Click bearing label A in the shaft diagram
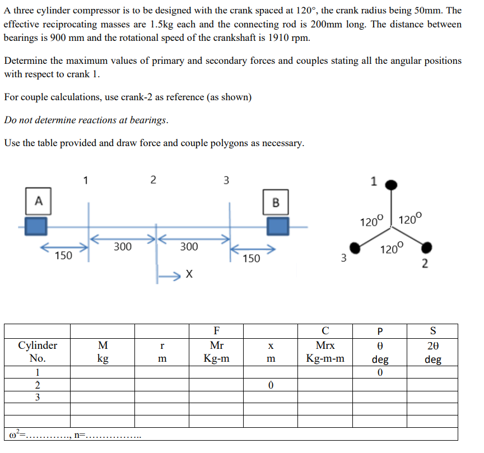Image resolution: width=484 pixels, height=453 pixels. click(39, 200)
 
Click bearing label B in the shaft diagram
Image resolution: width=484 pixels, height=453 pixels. click(275, 202)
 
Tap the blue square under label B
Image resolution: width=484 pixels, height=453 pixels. click(277, 226)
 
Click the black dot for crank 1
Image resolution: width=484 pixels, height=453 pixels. click(393, 184)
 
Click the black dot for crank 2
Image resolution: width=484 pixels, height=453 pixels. click(426, 247)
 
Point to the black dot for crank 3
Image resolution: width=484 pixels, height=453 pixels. click(355, 247)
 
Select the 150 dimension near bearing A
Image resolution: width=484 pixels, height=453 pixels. click(63, 256)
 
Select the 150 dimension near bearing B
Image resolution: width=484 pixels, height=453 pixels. click(252, 258)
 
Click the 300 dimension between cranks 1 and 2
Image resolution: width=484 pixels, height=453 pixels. click(123, 246)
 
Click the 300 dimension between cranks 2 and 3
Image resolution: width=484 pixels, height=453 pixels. click(189, 246)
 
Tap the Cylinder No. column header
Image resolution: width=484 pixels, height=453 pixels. click(38, 352)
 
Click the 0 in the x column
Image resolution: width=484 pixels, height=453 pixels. click(271, 385)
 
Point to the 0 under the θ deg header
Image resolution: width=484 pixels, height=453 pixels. click(380, 372)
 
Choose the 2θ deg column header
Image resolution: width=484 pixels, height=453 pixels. click(432, 352)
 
